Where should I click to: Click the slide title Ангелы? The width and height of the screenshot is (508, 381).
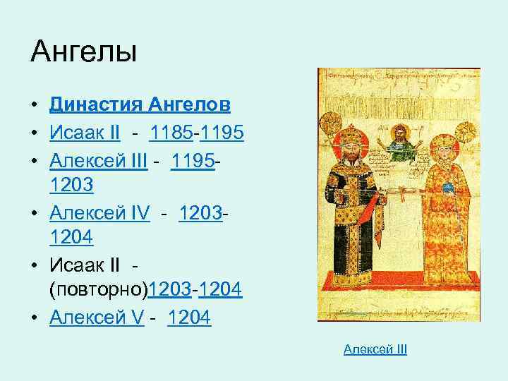point(84,53)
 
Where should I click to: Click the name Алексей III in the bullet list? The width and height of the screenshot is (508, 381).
point(99,162)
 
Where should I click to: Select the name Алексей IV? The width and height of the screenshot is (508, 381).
point(100,212)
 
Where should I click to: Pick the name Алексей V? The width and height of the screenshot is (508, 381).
point(97,319)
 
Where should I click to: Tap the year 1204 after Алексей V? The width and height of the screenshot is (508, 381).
point(189,319)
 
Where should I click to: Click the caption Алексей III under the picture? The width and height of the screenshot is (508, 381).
point(375,350)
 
